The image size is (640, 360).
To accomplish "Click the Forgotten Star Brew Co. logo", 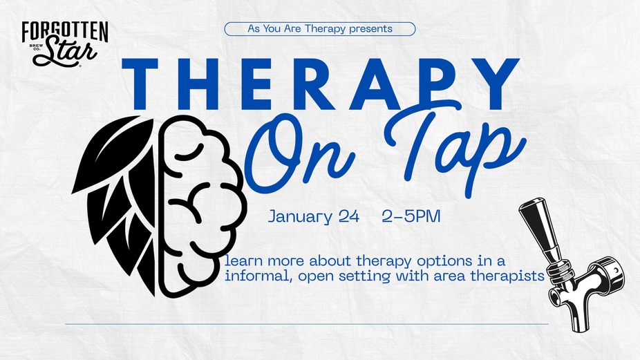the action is point(65,44).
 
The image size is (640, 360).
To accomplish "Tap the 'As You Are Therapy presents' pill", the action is point(320,29).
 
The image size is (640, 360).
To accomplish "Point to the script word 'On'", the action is point(299,157).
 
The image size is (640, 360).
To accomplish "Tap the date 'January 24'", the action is point(314,216).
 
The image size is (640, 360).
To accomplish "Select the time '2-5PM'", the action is point(411,216).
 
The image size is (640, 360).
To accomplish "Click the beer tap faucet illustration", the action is point(572,265).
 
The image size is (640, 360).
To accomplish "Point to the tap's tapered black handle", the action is point(539,229).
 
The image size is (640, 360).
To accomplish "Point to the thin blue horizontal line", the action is point(307,324).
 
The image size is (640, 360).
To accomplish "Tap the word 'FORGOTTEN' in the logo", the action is point(65,31).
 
